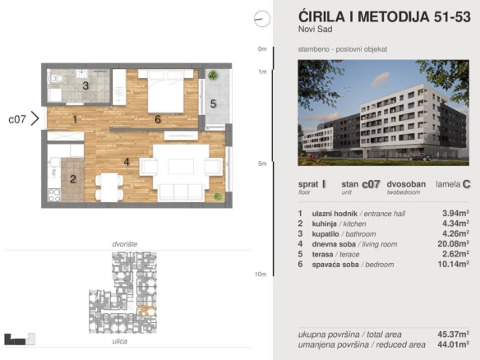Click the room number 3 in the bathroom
pos(85,85)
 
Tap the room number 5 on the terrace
pos(213,104)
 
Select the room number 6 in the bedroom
pos(158,119)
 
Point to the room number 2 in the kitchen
pos(73,179)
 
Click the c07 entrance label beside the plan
pos(17,119)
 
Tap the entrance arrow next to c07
pos(35,119)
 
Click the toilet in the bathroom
pos(57,79)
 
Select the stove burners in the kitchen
pos(54,196)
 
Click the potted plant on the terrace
pos(213,75)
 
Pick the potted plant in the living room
pos(218,196)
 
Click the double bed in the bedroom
pos(165,91)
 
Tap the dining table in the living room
pos(109,187)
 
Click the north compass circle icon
pos(262,19)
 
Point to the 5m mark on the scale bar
pos(262,164)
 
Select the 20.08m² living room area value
pos(454,243)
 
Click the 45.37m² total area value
pos(454,334)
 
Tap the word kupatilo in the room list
pos(325,234)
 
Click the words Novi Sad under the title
pos(316,30)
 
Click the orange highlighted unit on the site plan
pos(147,309)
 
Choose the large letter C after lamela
pos(467,184)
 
